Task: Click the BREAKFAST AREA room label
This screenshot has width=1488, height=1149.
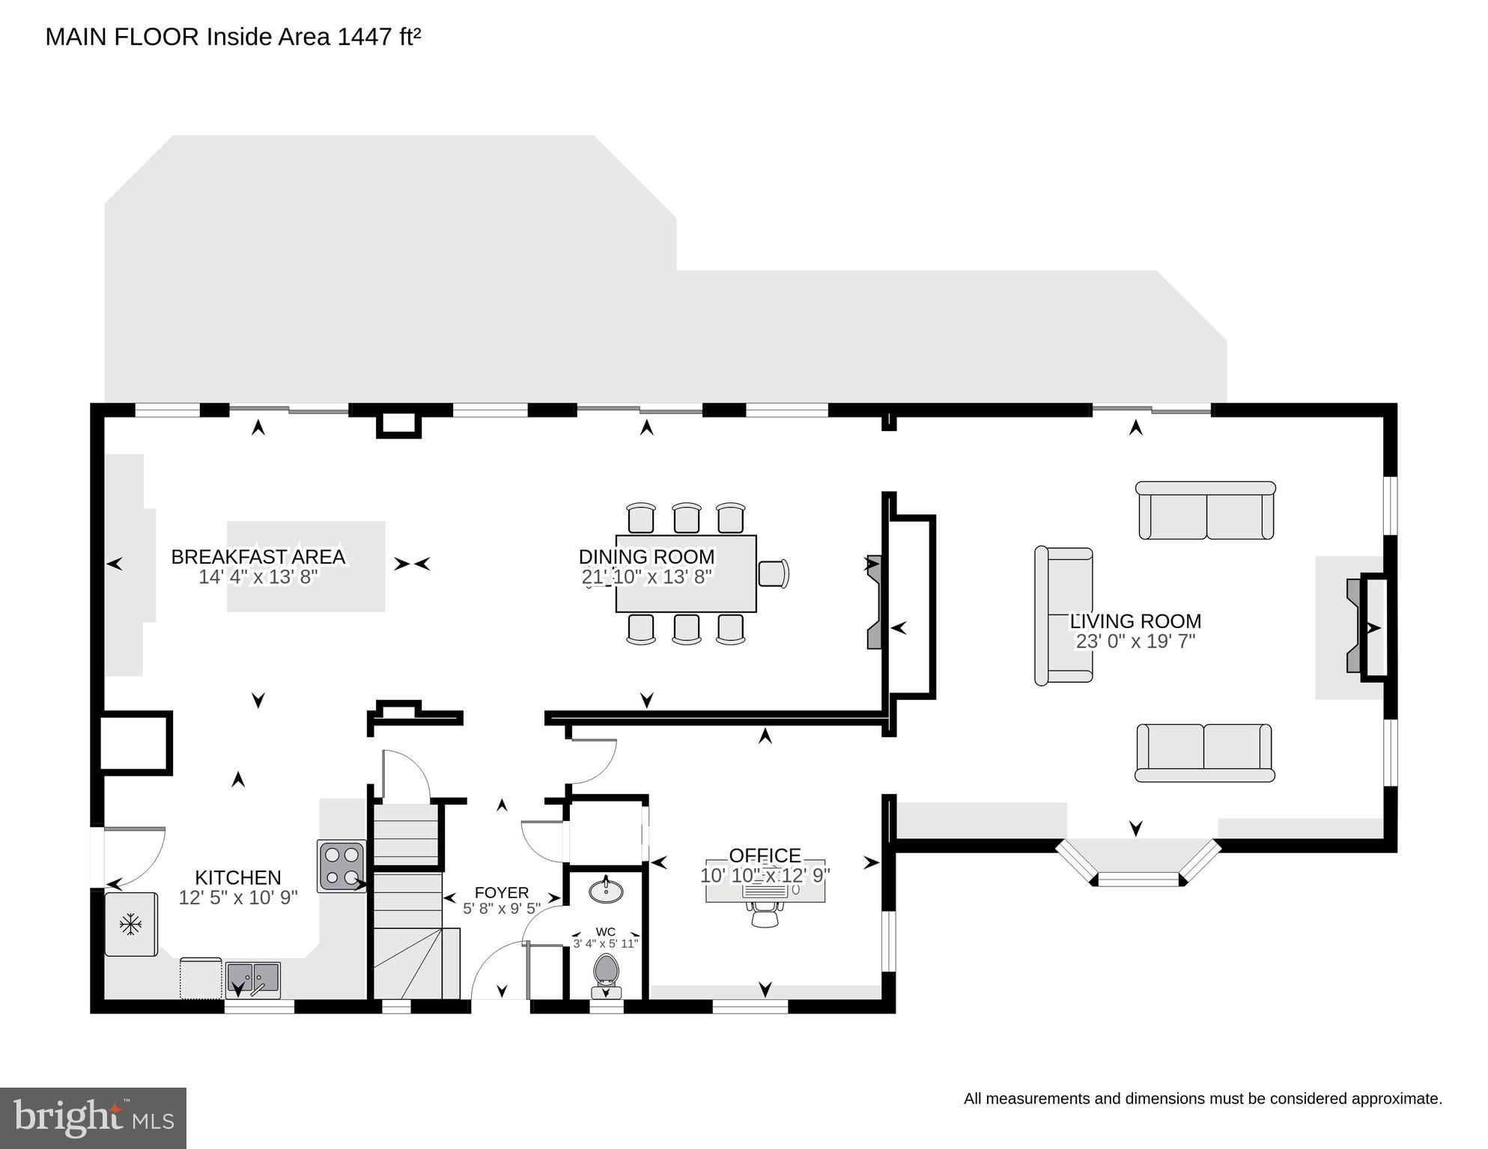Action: coord(258,557)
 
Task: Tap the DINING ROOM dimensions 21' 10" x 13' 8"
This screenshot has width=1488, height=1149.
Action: coord(646,577)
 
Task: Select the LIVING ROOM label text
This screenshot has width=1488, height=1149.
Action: coord(1135,621)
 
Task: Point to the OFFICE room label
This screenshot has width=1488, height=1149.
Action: coord(765,856)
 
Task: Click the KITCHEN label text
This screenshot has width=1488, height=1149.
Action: coord(238,877)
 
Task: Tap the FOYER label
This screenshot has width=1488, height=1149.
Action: coord(502,892)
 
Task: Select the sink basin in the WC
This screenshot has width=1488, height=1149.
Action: coord(605,891)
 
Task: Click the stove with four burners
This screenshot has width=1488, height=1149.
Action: coord(341,866)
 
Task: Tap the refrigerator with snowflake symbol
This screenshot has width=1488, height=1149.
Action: coord(131,924)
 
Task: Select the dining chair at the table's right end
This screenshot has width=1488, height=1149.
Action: coord(774,574)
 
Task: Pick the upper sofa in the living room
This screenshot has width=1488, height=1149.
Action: coord(1205,511)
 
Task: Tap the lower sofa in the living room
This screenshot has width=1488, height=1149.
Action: coord(1204,752)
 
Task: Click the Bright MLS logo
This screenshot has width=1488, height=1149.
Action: coord(93,1118)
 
